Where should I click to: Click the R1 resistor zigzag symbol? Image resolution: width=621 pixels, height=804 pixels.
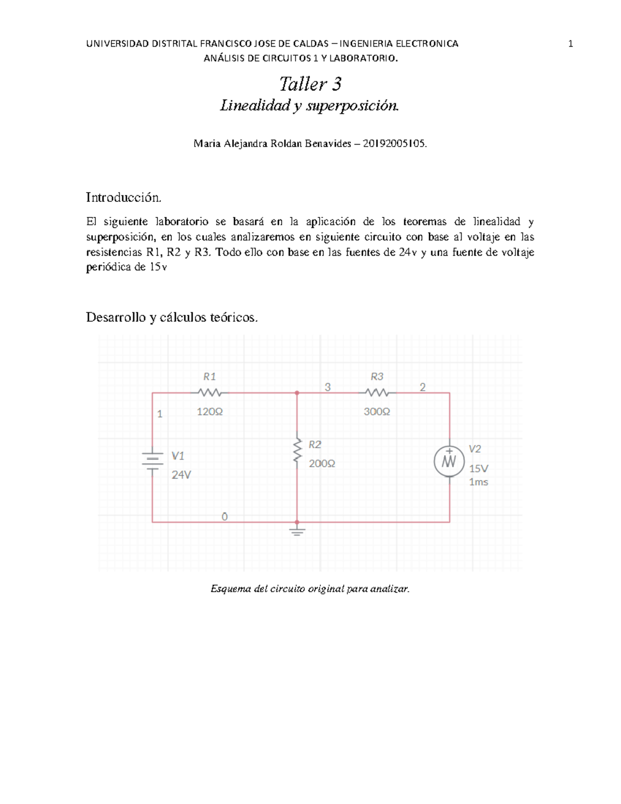click(210, 393)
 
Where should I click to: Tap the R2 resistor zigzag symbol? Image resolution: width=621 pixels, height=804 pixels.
click(297, 450)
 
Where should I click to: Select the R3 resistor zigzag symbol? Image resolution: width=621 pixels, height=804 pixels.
click(377, 393)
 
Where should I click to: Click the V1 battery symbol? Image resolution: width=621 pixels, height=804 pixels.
click(152, 459)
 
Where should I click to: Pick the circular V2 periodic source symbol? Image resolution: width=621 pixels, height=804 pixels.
click(449, 461)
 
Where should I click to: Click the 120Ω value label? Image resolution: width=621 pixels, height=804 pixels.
click(210, 412)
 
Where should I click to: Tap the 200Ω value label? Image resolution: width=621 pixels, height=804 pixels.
click(322, 464)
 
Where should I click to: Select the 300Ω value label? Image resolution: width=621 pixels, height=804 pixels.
click(377, 412)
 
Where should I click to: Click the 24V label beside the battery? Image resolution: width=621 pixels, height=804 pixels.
click(181, 475)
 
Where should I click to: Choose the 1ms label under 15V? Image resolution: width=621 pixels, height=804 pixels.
click(478, 482)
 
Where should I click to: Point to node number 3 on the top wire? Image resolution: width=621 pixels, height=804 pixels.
click(328, 387)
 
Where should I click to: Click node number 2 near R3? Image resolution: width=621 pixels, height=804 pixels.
click(423, 387)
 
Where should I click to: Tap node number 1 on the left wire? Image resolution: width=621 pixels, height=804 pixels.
click(160, 414)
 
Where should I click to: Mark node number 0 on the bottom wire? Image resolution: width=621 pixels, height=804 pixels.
click(225, 517)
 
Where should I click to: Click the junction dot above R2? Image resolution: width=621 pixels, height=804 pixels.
click(297, 393)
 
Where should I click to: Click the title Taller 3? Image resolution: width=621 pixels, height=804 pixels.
click(310, 84)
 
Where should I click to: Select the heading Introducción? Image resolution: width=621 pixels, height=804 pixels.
click(124, 197)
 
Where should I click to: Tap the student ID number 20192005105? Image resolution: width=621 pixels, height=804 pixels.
click(394, 144)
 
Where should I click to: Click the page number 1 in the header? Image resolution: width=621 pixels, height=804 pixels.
click(570, 44)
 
